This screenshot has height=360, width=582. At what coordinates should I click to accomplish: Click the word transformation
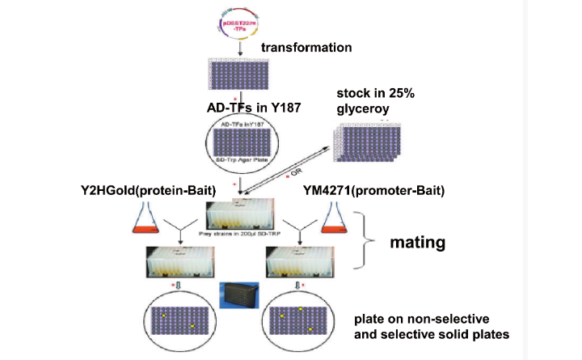[x=306, y=48]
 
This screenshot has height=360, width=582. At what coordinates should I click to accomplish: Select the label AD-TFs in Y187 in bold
[x=252, y=106]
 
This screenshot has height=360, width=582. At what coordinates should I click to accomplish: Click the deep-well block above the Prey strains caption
[x=242, y=214]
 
